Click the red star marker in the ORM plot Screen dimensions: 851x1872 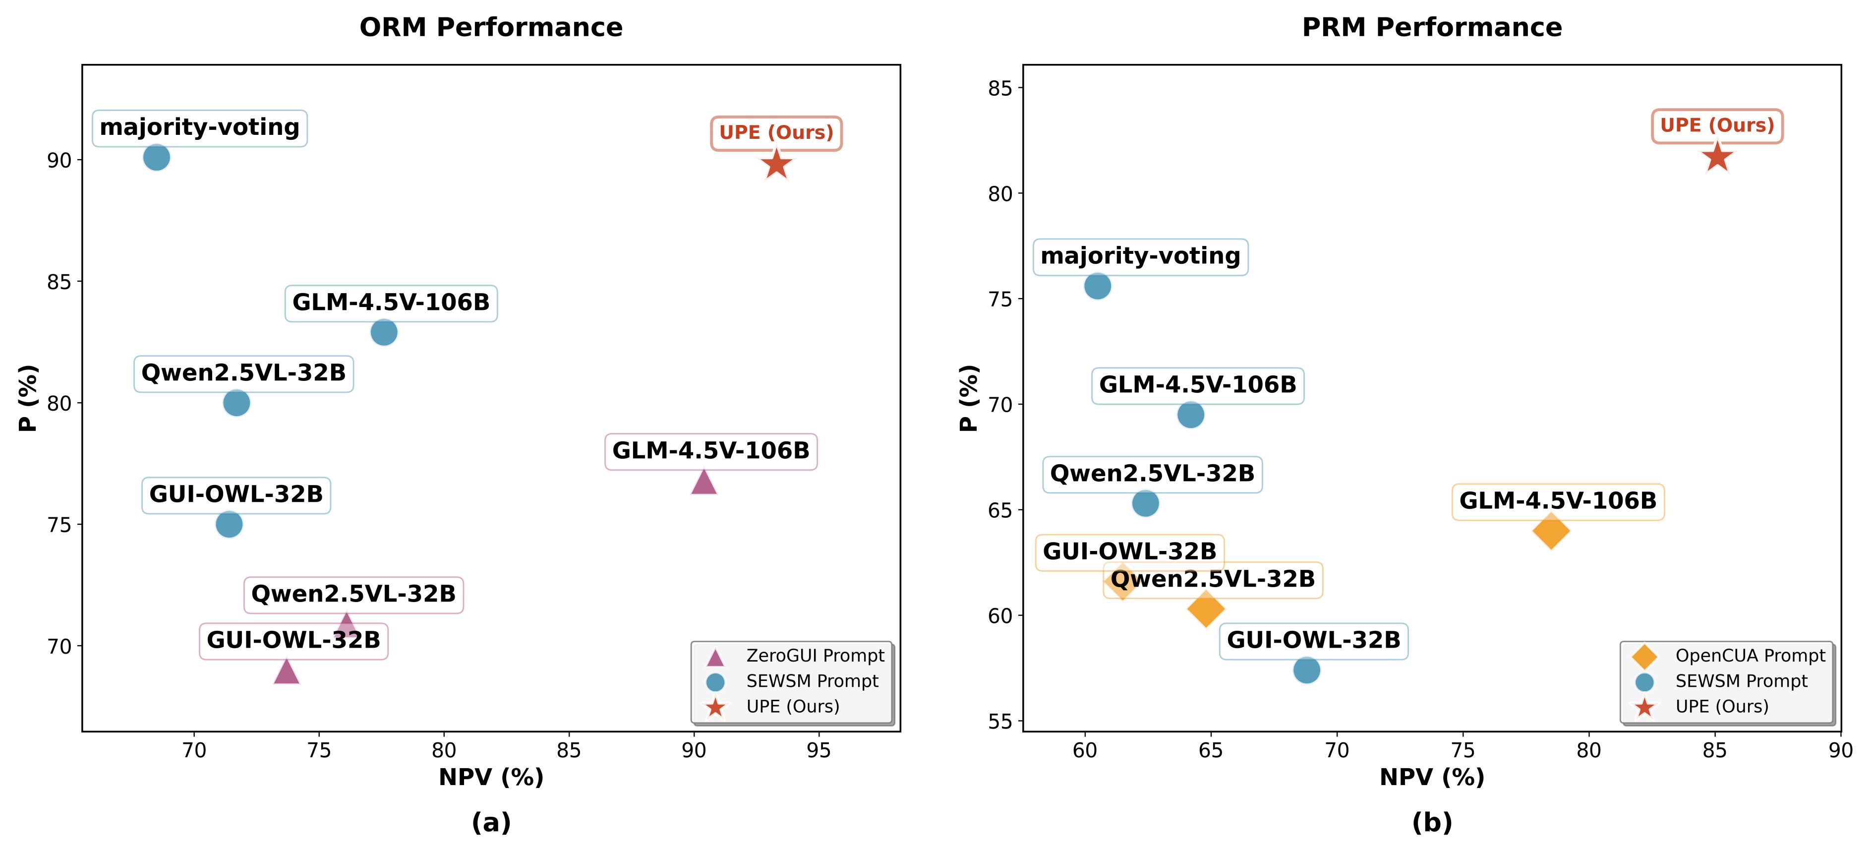[x=776, y=164]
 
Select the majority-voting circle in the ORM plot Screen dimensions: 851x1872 [x=156, y=157]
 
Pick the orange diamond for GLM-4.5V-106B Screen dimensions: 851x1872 [x=1550, y=531]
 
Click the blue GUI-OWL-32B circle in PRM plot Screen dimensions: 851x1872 [x=1306, y=670]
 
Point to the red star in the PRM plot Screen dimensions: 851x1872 [x=1716, y=156]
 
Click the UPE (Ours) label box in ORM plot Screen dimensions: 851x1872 [x=776, y=133]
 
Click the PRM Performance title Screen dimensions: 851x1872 [x=1432, y=28]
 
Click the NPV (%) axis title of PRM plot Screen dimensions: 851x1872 [x=1432, y=777]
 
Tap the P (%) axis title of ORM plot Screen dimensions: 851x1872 [x=28, y=398]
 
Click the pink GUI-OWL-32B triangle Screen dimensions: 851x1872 [x=287, y=671]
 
